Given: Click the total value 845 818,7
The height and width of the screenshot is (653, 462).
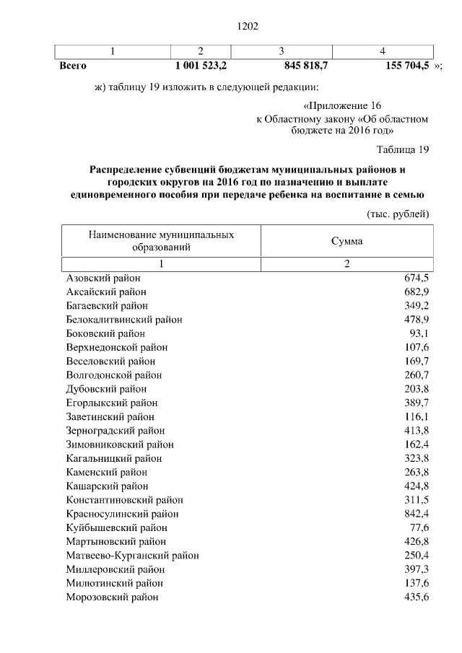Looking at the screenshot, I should pos(297,65).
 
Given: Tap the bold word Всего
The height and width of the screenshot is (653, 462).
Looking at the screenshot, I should pos(73,65).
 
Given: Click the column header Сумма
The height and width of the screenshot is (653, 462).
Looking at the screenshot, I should pos(346,241).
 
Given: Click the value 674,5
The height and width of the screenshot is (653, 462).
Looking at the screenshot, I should pos(417,278).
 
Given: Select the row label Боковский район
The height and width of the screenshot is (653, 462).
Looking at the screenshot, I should pos(105,333).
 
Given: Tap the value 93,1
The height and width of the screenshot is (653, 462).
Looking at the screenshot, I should pos(419,333).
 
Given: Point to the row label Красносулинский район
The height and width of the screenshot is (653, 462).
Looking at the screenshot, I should pos(122,514).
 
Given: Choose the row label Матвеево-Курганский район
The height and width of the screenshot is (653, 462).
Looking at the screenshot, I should pos(132,555).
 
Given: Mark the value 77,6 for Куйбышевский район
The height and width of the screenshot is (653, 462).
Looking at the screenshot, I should pos(419,527).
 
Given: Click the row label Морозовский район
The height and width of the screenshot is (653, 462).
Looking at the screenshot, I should pos(112,597).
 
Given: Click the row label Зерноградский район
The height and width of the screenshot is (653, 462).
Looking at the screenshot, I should pos(115,431).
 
